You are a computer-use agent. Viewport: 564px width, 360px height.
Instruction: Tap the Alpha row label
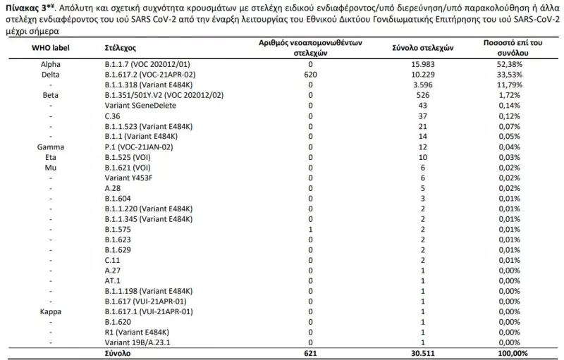50,64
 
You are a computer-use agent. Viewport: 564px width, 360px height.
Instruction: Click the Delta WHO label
50,74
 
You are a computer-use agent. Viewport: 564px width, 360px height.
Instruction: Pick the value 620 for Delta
309,74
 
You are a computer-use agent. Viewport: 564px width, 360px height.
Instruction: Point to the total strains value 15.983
422,64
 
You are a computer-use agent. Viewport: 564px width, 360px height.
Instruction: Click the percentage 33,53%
508,74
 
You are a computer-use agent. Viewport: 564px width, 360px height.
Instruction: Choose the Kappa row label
50,311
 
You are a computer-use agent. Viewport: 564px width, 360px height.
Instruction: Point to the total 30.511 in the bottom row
422,352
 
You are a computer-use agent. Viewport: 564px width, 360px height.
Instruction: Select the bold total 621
309,352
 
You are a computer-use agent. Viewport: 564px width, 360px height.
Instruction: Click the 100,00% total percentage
508,352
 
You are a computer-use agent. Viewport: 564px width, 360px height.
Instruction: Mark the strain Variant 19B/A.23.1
137,342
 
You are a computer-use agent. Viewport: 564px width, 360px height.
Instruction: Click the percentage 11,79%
508,85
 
